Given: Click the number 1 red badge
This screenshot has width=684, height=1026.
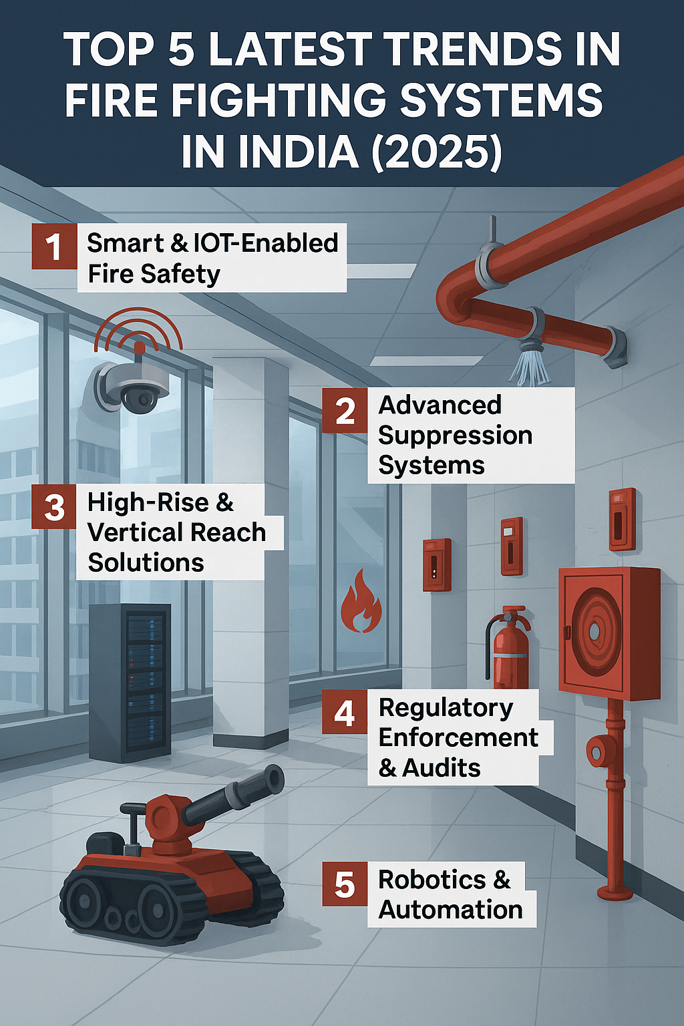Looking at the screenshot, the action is (54, 246).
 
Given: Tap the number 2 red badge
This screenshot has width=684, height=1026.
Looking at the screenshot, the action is (345, 410).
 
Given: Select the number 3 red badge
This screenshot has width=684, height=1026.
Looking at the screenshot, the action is (54, 506).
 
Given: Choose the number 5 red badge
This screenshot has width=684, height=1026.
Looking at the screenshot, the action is (345, 884).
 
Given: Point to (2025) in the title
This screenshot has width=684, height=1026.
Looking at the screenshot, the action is (437, 152).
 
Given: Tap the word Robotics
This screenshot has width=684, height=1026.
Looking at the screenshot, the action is (432, 880).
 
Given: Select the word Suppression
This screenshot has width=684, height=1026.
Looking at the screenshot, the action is (455, 436).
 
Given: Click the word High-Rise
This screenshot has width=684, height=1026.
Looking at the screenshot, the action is (148, 502).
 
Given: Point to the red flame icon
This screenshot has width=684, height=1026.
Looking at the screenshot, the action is (361, 601).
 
